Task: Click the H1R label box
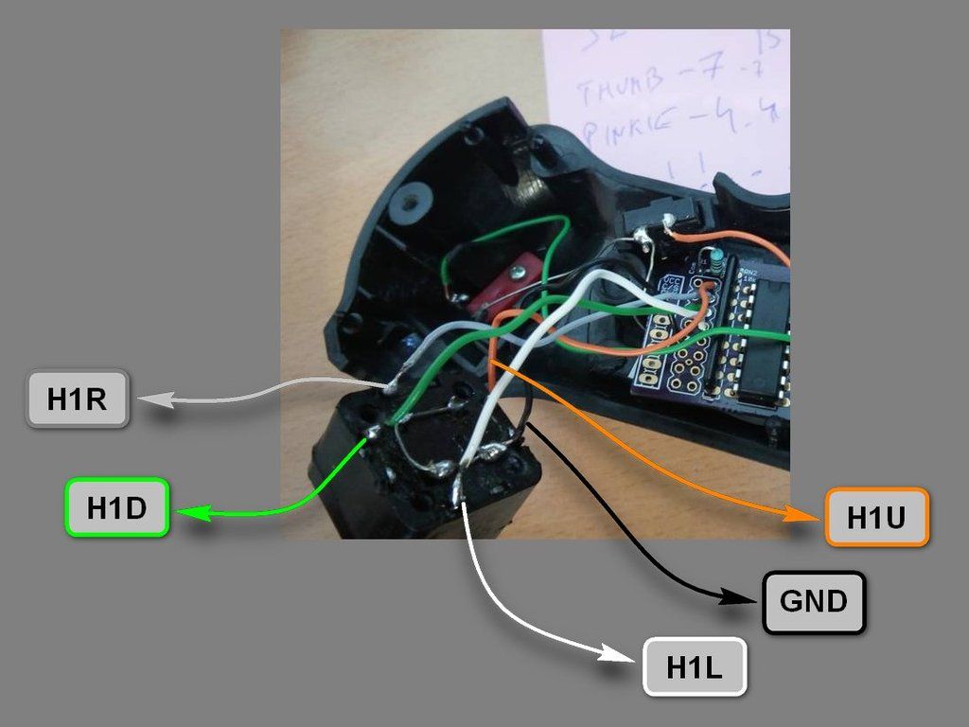click(x=76, y=399)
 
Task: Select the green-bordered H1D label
click(x=116, y=507)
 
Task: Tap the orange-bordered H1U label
click(x=877, y=518)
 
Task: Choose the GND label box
click(x=814, y=601)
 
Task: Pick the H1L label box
click(x=695, y=667)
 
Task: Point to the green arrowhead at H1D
click(x=194, y=512)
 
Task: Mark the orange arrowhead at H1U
click(x=797, y=515)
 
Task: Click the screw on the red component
click(x=516, y=273)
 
